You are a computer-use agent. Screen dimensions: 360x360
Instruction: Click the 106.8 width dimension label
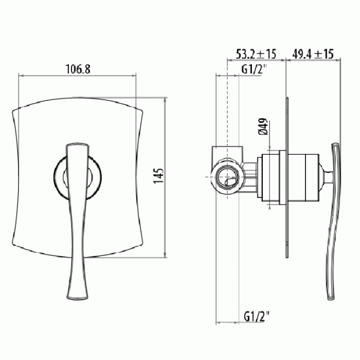point(78,69)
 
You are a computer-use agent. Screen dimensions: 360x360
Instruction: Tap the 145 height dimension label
point(158,176)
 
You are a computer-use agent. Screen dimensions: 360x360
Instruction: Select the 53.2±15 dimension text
point(256,54)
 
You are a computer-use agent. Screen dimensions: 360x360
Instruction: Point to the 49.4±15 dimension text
point(313,54)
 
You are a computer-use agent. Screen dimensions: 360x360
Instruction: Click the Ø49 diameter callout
point(263,126)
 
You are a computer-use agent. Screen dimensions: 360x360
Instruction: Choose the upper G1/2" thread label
point(254,70)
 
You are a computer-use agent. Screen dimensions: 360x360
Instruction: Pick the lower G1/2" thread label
point(257,317)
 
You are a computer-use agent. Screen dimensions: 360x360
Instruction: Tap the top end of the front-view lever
point(77,144)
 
